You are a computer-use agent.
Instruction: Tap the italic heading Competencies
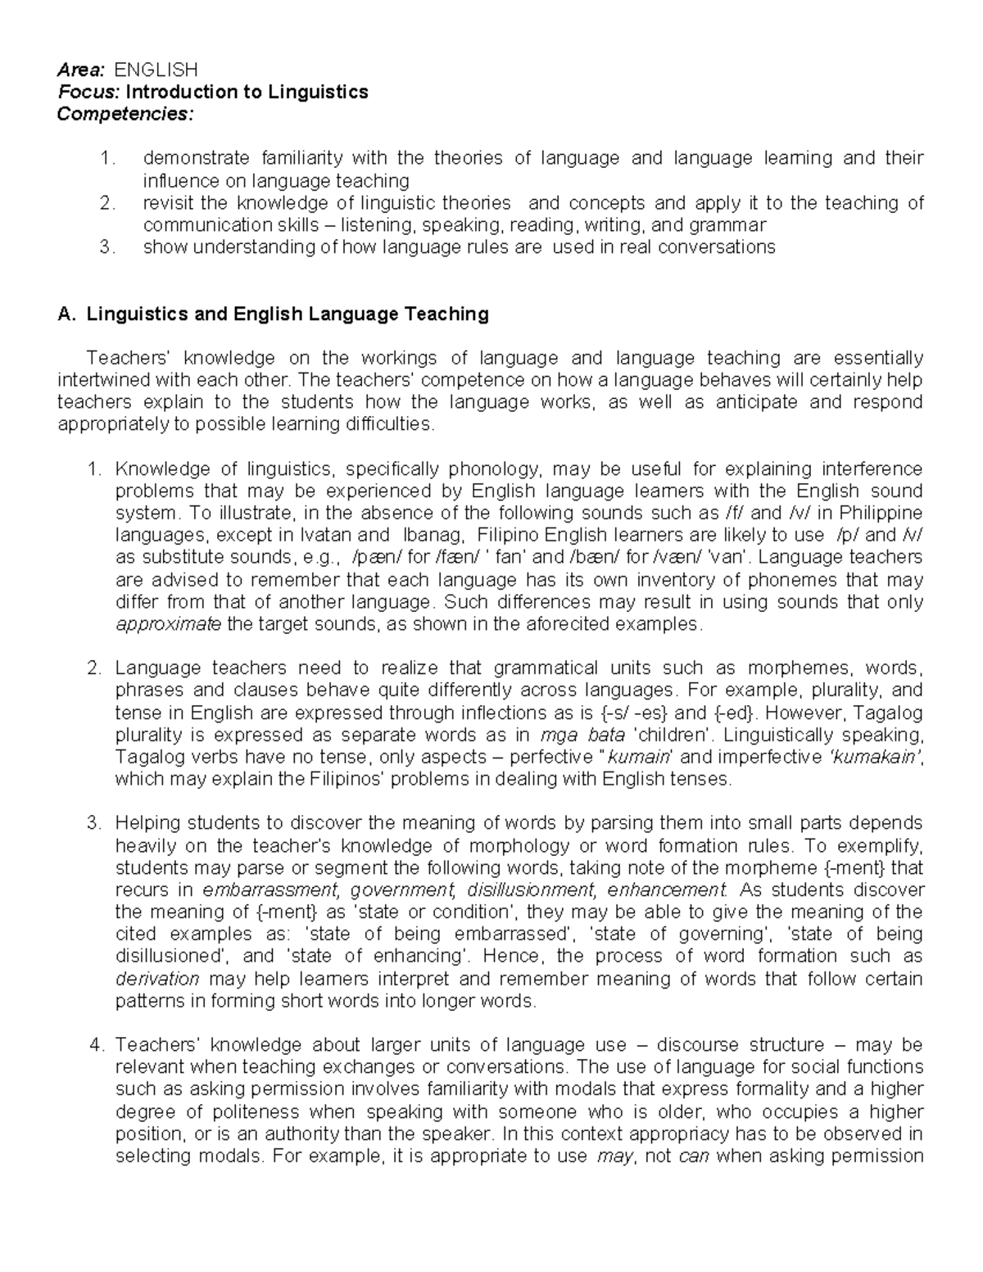pyautogui.click(x=125, y=114)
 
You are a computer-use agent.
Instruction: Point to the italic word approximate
pyautogui.click(x=169, y=625)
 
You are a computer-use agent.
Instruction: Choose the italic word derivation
pyautogui.click(x=157, y=979)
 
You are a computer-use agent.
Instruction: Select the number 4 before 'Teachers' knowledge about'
pyautogui.click(x=97, y=1045)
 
